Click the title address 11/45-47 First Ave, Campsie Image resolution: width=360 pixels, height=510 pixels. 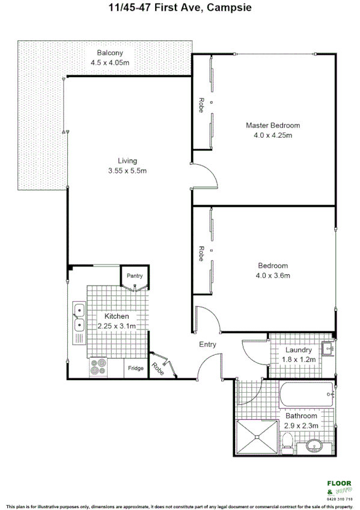pyautogui.click(x=180, y=8)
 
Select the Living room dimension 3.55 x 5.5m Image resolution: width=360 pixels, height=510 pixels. pyautogui.click(x=127, y=170)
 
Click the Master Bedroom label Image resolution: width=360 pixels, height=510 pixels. pyautogui.click(x=272, y=125)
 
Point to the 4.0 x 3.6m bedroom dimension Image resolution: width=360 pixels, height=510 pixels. pyautogui.click(x=273, y=275)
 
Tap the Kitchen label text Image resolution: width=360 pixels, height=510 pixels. pyautogui.click(x=117, y=316)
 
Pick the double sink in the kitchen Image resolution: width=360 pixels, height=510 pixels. pyautogui.click(x=78, y=318)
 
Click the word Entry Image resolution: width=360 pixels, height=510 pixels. pyautogui.click(x=208, y=345)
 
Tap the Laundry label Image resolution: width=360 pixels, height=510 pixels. pyautogui.click(x=299, y=350)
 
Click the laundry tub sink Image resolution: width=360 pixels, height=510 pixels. pyautogui.click(x=326, y=348)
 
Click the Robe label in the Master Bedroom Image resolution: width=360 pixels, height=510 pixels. pyautogui.click(x=202, y=105)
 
